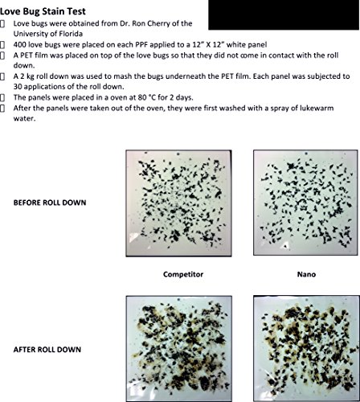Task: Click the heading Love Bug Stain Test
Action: pos(43,11)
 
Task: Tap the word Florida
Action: pos(70,34)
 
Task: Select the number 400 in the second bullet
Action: pos(20,44)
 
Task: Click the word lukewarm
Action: pos(316,109)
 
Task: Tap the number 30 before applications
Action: pos(18,87)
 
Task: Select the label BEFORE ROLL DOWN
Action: pos(50,203)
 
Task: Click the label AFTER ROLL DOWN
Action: pos(47,350)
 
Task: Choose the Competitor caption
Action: pos(183,274)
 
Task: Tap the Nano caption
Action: pos(306,274)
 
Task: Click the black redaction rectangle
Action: pos(284,14)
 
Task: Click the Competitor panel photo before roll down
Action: pos(178,203)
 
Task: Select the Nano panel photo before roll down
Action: pos(305,203)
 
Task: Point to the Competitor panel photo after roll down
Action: pos(179,348)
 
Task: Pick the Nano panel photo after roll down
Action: pos(306,348)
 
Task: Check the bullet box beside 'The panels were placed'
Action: pos(2,97)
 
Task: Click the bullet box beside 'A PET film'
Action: pos(2,55)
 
